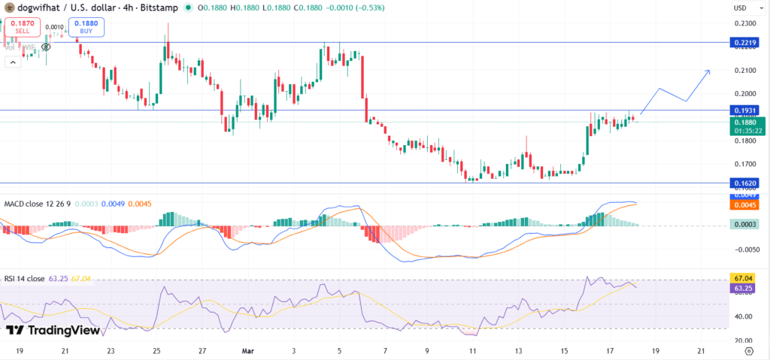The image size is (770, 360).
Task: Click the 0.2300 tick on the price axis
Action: pyautogui.click(x=747, y=23)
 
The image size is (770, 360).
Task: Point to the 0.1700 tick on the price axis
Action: pyautogui.click(x=747, y=164)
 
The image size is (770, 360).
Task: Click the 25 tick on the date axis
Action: pyautogui.click(x=156, y=350)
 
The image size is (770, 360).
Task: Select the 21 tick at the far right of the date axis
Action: pyautogui.click(x=701, y=350)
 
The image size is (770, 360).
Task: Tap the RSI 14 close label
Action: pyautogui.click(x=25, y=278)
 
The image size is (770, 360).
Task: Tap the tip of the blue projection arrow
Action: pyautogui.click(x=710, y=71)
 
